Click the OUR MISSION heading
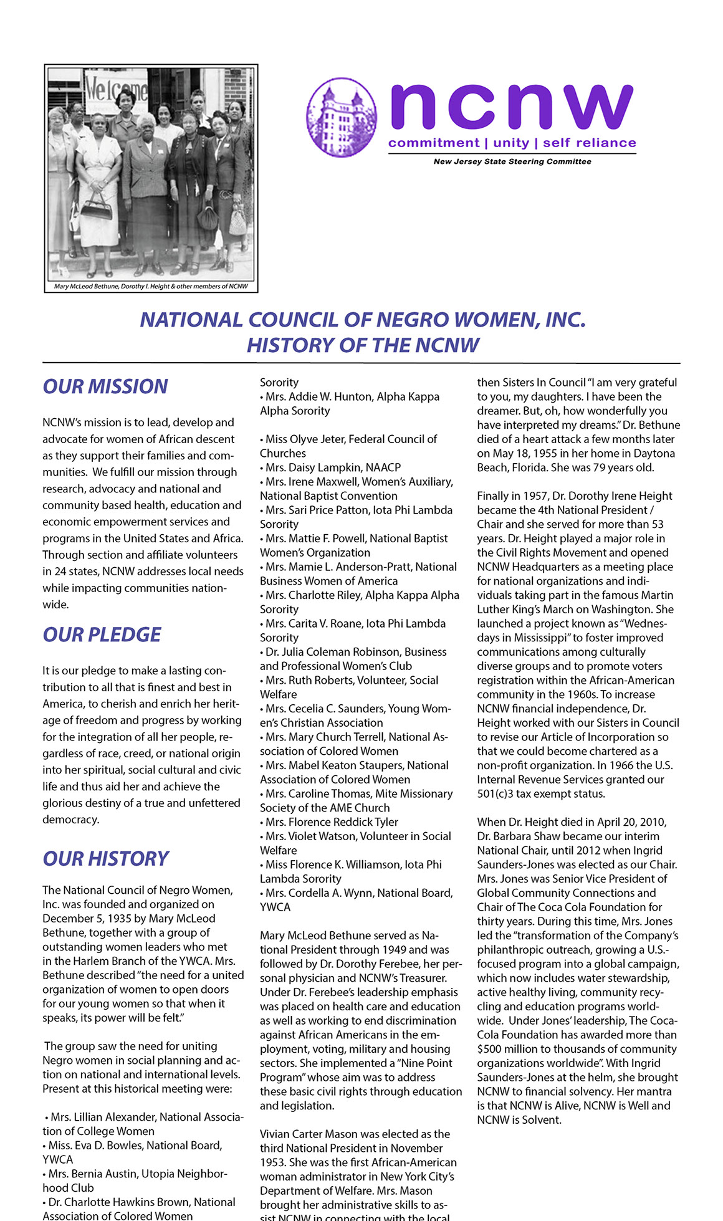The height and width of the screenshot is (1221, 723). click(105, 386)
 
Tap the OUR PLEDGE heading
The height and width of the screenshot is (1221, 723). click(102, 634)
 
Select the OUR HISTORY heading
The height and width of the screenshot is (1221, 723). click(105, 859)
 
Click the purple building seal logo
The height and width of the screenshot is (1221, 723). click(342, 117)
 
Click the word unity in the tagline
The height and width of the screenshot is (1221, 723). click(510, 143)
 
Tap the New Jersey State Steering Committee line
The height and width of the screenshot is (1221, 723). click(512, 161)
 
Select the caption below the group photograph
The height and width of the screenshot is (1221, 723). click(151, 287)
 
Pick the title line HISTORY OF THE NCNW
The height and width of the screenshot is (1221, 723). click(363, 345)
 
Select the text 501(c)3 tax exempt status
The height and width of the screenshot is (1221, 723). click(540, 794)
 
